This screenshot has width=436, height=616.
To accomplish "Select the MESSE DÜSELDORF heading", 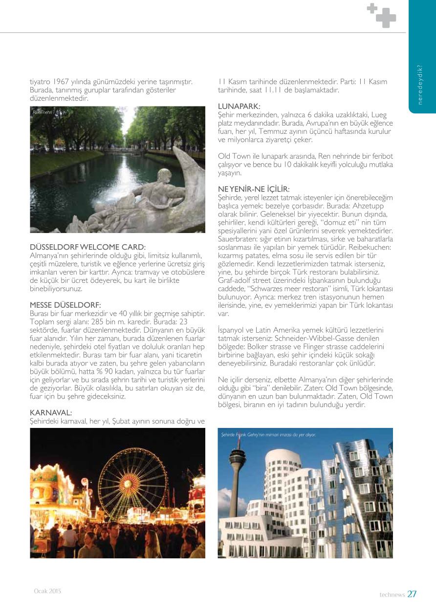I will click(65, 305).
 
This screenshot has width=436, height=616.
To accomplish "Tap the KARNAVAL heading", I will click(51, 413).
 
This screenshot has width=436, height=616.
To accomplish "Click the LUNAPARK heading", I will click(239, 106).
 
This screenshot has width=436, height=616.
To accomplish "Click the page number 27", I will click(412, 594).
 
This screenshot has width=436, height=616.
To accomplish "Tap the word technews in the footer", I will click(392, 595).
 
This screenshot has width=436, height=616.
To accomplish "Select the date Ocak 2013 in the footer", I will click(47, 591).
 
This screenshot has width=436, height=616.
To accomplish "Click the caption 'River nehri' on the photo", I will click(42, 112).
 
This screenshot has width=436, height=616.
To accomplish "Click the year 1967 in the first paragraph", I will click(63, 81).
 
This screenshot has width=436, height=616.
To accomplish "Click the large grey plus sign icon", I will click(386, 18).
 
